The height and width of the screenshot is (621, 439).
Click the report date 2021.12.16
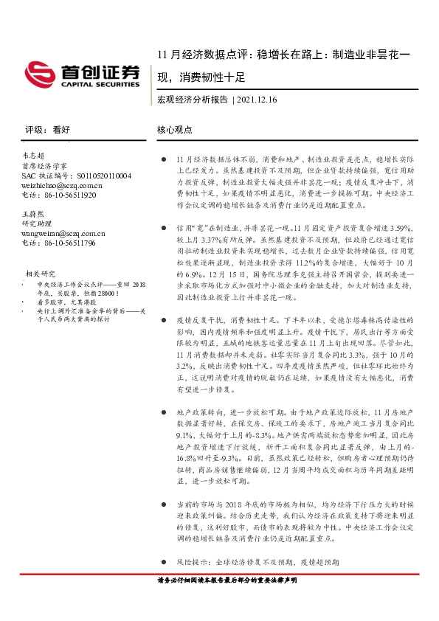[x=259, y=100]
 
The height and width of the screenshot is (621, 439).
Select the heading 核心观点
[x=175, y=129]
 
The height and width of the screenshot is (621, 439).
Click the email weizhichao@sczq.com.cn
[x=62, y=186]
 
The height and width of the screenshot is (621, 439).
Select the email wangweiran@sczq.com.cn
[x=63, y=233]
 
